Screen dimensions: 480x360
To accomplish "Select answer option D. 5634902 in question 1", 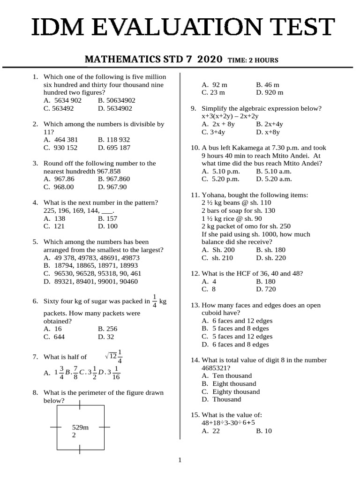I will click(115, 108).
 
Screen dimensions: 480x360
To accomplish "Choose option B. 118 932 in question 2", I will click(114, 140).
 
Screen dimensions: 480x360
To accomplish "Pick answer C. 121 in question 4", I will click(53, 226).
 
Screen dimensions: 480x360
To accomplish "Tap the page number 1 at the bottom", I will click(180, 460).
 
